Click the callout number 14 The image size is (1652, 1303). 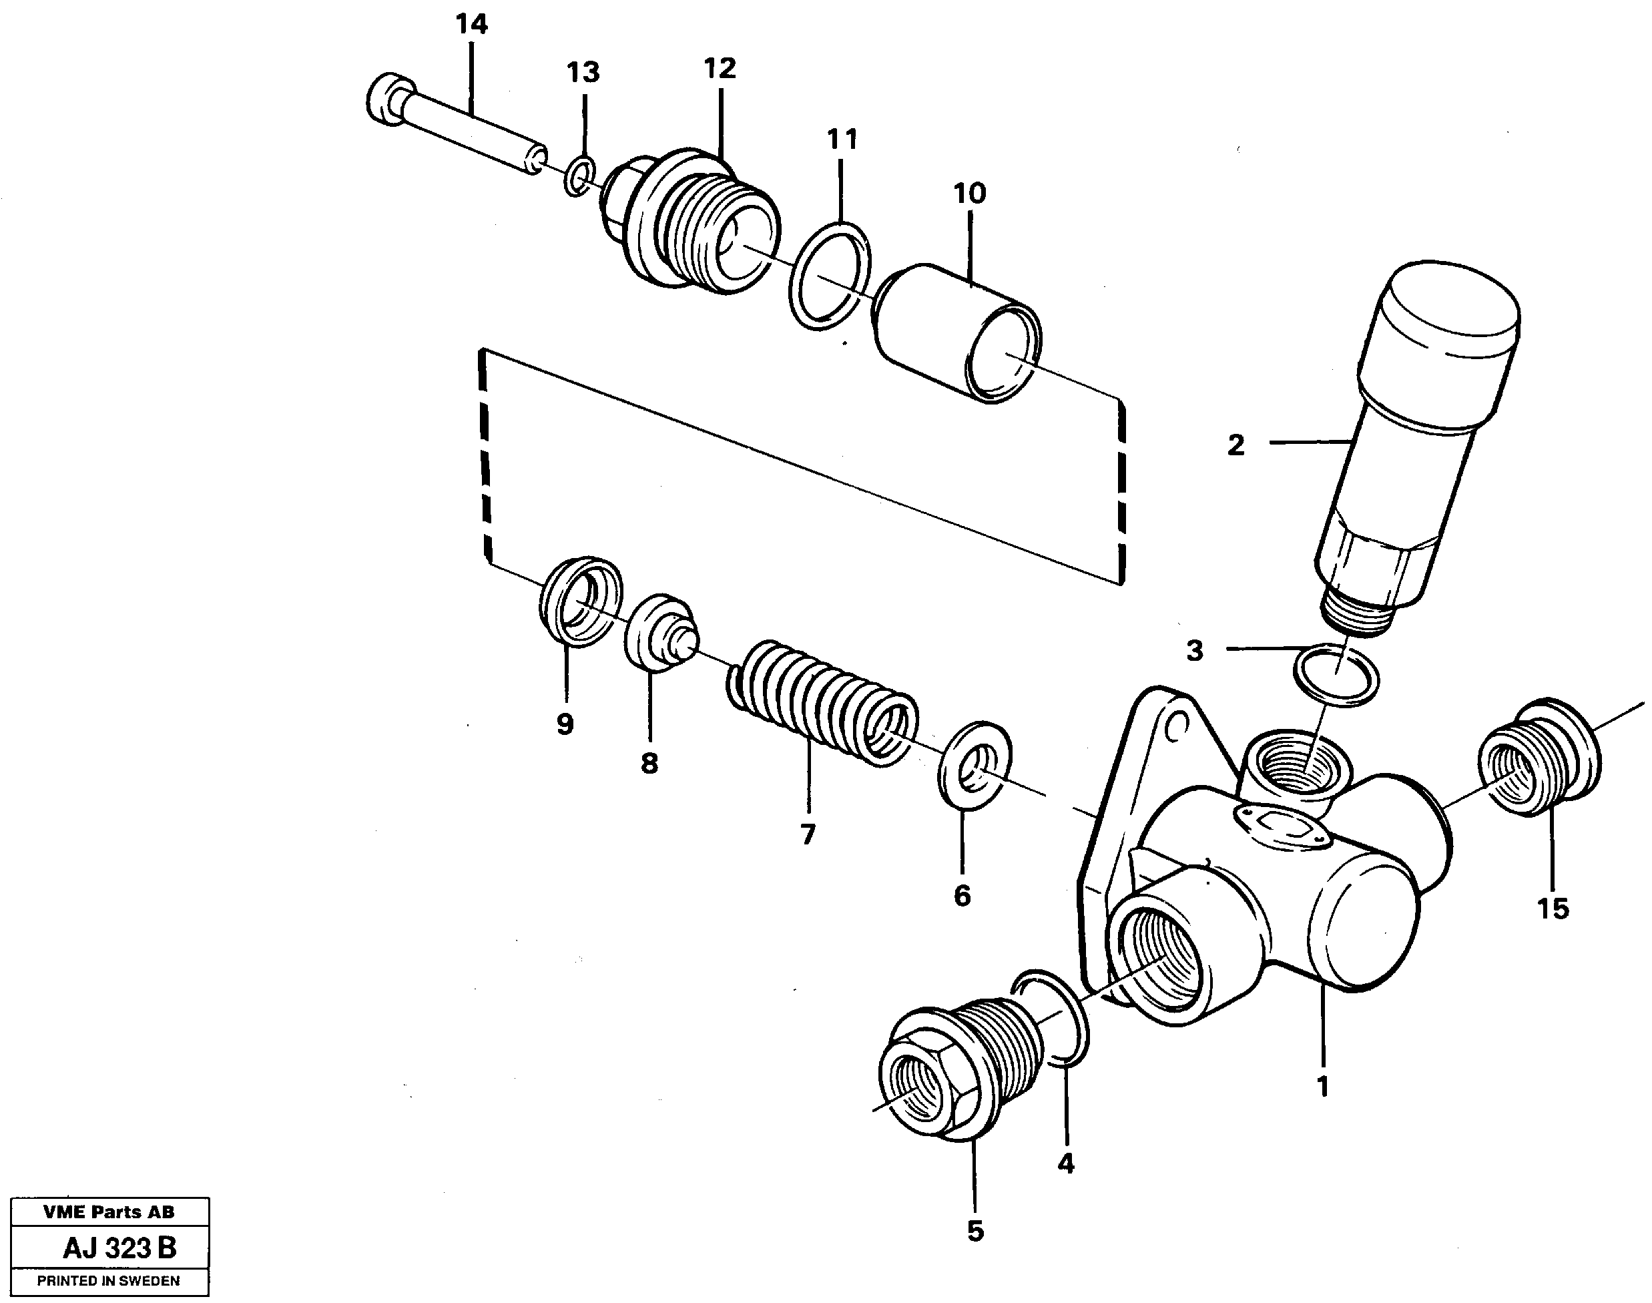(471, 25)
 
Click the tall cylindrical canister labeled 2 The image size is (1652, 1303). (1420, 435)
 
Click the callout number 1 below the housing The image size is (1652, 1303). (1324, 1085)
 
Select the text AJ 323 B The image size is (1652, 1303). (119, 1248)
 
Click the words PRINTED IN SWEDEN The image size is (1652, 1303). (108, 1281)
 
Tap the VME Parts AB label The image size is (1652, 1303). (108, 1212)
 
